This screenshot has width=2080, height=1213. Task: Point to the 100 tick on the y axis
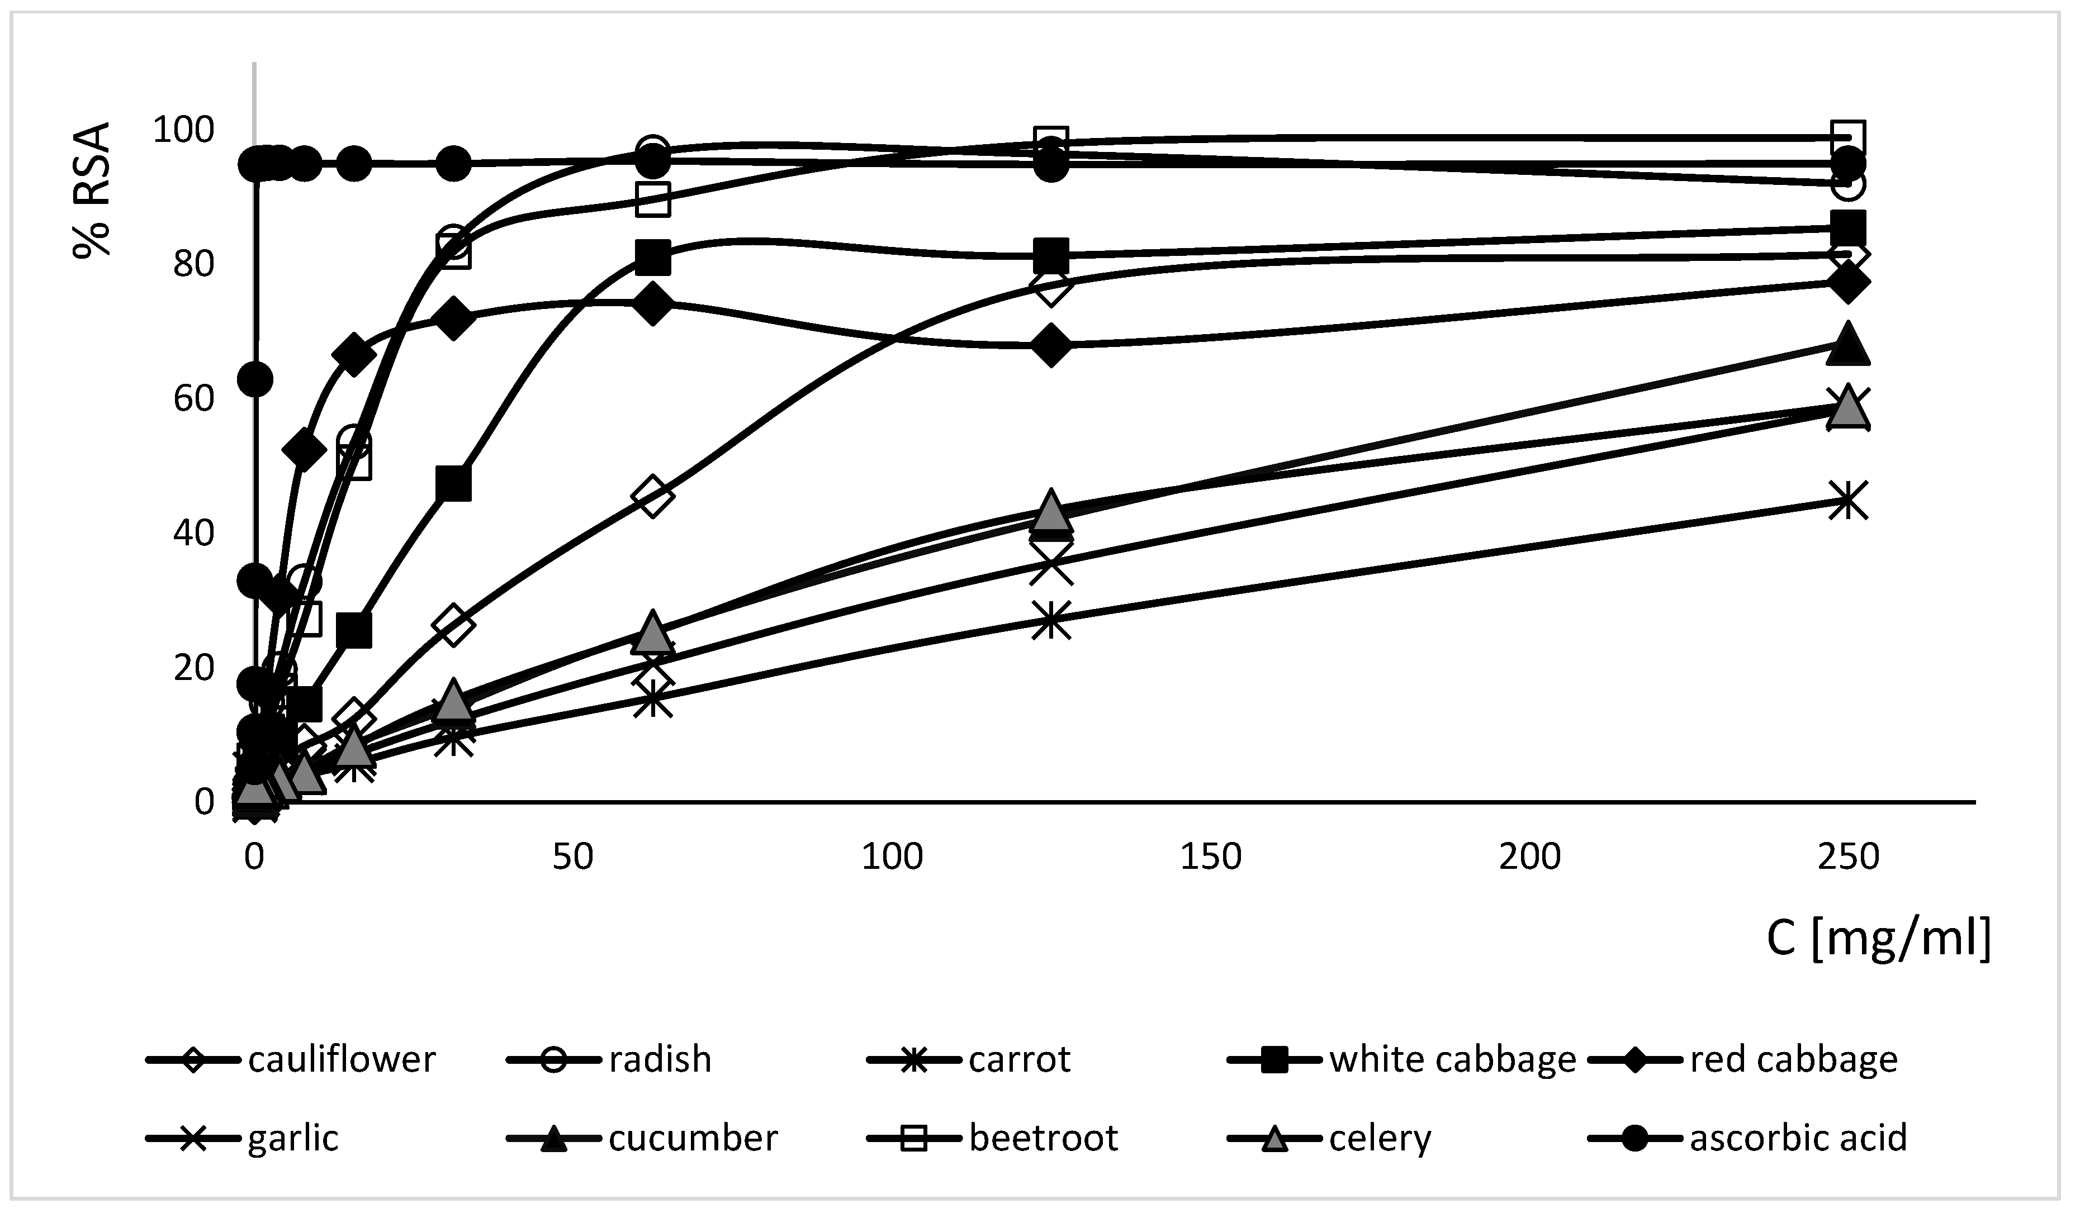(183, 130)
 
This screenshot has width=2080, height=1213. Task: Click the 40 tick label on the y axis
(194, 533)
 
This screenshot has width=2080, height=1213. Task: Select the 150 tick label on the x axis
(1211, 857)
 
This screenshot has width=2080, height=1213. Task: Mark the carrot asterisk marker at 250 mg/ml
(1848, 500)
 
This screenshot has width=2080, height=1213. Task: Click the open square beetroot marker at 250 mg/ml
(1848, 138)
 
